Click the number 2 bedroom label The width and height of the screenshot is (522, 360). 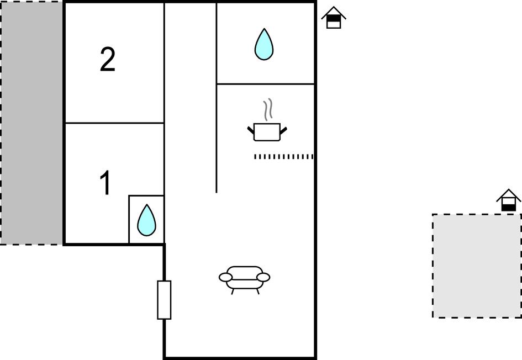click(x=108, y=60)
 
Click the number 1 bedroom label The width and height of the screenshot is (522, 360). click(x=105, y=183)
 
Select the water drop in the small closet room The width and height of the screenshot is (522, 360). click(x=146, y=220)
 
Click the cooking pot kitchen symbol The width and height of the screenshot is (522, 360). click(x=267, y=132)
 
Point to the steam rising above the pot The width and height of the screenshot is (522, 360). click(x=268, y=110)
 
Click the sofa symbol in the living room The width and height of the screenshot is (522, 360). click(x=245, y=277)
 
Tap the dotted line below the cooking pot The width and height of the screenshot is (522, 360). click(x=283, y=157)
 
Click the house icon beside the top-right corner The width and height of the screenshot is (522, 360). click(x=334, y=18)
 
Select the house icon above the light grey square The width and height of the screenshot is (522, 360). click(x=508, y=200)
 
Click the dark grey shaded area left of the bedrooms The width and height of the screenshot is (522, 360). click(x=31, y=123)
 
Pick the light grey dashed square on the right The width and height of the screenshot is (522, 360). click(x=476, y=266)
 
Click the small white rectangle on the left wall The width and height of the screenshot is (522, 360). click(x=164, y=300)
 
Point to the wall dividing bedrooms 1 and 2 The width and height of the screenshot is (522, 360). click(x=114, y=123)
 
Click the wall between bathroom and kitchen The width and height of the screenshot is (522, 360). click(x=266, y=84)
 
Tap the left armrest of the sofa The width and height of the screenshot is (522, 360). click(x=225, y=277)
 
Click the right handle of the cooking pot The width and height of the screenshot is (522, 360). click(x=283, y=130)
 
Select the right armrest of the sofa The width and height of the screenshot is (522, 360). click(x=264, y=277)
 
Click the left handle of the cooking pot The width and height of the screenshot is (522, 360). click(x=251, y=130)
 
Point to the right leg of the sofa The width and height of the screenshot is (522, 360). click(x=258, y=291)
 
